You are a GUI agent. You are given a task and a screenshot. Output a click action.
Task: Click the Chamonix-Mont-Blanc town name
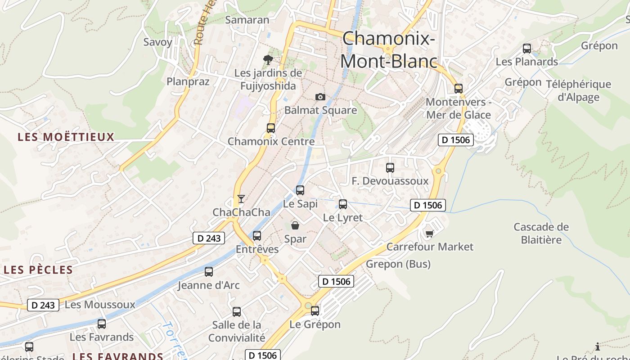389,50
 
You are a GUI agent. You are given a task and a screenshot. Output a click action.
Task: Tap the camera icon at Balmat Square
320,97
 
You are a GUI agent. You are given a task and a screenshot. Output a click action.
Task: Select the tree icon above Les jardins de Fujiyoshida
268,59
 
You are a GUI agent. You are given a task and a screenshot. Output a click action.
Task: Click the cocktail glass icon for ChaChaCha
241,198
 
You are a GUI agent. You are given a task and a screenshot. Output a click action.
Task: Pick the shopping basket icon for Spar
295,225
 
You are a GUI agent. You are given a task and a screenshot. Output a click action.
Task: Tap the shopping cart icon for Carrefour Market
430,233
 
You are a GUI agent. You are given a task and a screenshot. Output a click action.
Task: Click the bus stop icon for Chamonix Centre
270,128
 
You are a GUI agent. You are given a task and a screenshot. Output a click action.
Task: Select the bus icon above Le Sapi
300,190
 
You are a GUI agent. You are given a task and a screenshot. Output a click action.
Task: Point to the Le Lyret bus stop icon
343,204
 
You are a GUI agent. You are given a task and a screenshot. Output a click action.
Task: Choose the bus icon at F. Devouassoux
390,168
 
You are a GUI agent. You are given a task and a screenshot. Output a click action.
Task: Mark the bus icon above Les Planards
527,49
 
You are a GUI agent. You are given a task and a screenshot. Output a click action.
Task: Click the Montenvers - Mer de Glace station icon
459,88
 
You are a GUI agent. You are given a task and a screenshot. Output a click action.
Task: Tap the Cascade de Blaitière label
541,233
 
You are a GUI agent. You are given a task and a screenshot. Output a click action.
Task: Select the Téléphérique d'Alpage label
578,90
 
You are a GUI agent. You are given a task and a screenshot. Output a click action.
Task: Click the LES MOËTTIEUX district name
66,137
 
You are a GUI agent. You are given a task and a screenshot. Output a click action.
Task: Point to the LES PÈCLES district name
38,270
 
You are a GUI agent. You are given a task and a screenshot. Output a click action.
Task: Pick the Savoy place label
157,42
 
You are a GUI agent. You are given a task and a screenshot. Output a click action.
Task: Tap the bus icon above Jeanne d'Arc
209,272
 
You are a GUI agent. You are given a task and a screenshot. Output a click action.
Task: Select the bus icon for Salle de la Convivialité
237,311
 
